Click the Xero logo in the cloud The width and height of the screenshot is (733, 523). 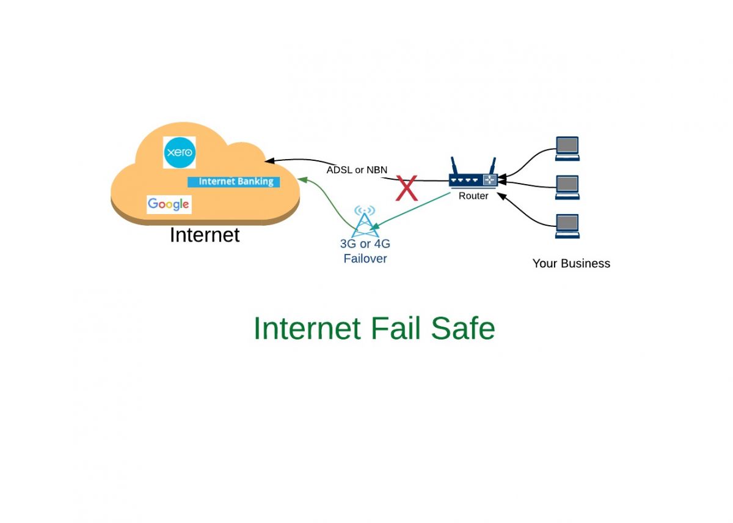click(180, 152)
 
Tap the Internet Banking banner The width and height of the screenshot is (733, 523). click(235, 182)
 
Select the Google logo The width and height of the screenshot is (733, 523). click(169, 204)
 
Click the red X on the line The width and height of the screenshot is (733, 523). click(407, 188)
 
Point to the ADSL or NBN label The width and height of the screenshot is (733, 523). click(357, 170)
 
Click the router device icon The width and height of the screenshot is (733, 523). click(473, 180)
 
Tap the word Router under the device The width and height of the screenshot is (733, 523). click(473, 196)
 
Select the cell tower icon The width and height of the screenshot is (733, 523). click(365, 221)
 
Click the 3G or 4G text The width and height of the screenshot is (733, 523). click(365, 244)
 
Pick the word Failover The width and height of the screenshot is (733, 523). click(365, 259)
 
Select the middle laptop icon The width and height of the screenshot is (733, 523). click(567, 187)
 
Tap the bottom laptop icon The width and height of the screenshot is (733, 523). click(567, 226)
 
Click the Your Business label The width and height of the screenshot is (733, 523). click(571, 264)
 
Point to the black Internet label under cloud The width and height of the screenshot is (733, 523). click(205, 235)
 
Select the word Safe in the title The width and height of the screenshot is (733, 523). click(462, 328)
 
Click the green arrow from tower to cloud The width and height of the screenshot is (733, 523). click(334, 202)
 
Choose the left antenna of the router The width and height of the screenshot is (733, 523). click(454, 166)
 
